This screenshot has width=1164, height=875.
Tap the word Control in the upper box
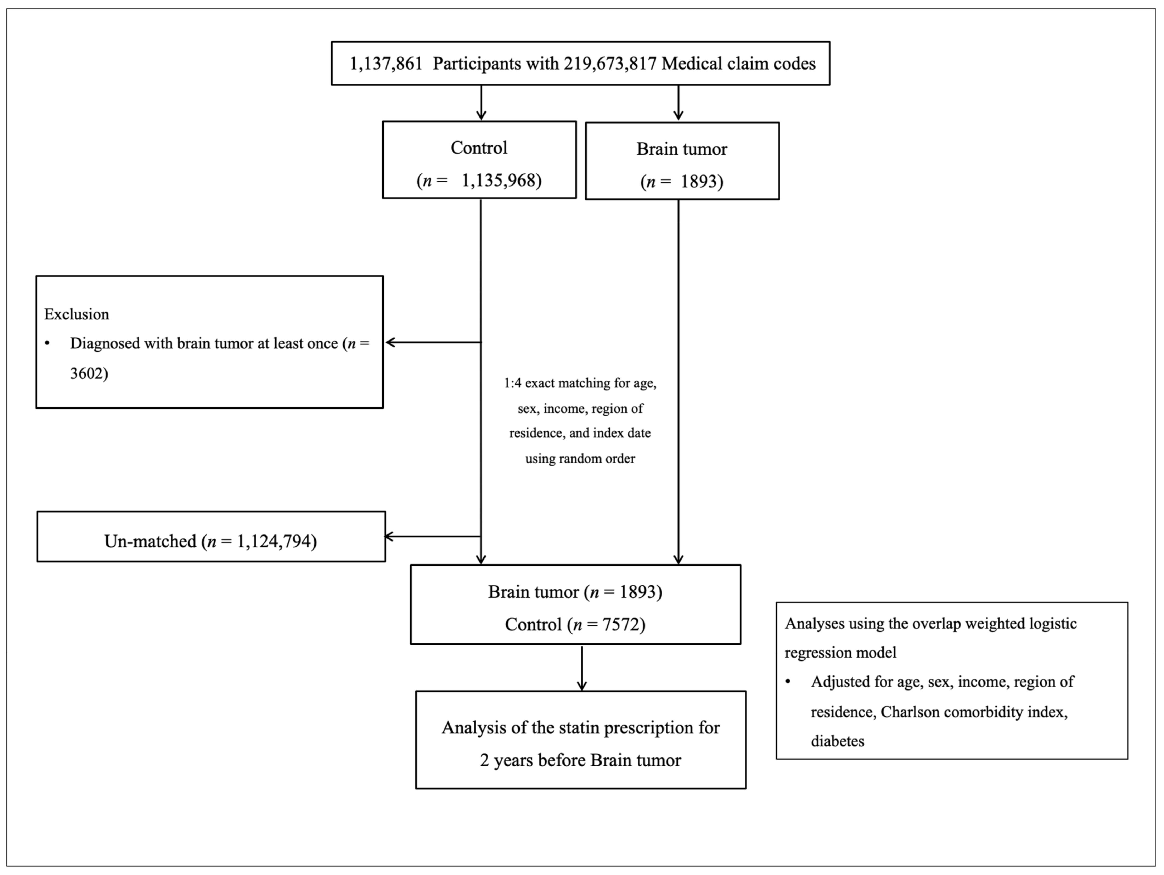(479, 148)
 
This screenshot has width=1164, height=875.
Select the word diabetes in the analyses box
(837, 741)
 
